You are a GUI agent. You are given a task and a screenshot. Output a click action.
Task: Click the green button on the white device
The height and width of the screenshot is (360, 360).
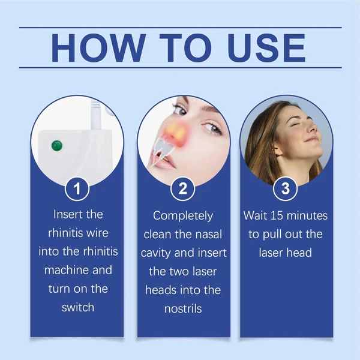click(x=57, y=146)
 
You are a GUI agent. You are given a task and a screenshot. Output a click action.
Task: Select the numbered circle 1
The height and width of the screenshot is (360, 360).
click(x=77, y=189)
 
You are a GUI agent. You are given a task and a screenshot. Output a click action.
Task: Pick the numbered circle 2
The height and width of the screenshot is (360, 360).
click(x=183, y=189)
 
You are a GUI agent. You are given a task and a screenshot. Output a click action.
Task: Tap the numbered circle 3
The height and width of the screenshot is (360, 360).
click(x=286, y=189)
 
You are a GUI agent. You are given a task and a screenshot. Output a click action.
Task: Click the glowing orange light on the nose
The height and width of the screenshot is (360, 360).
click(x=175, y=133)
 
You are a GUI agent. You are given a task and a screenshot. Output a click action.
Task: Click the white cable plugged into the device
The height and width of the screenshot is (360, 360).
click(x=96, y=115)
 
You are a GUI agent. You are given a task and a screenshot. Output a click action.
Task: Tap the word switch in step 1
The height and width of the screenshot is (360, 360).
click(x=78, y=307)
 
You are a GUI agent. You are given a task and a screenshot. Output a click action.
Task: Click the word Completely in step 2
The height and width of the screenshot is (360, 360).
click(x=183, y=216)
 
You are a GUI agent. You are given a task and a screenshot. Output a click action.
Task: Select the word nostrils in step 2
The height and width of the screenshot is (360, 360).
click(x=183, y=309)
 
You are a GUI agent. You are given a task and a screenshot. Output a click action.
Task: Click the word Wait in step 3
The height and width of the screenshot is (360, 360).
click(x=255, y=215)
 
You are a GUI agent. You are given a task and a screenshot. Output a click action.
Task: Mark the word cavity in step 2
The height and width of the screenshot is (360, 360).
click(x=156, y=253)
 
